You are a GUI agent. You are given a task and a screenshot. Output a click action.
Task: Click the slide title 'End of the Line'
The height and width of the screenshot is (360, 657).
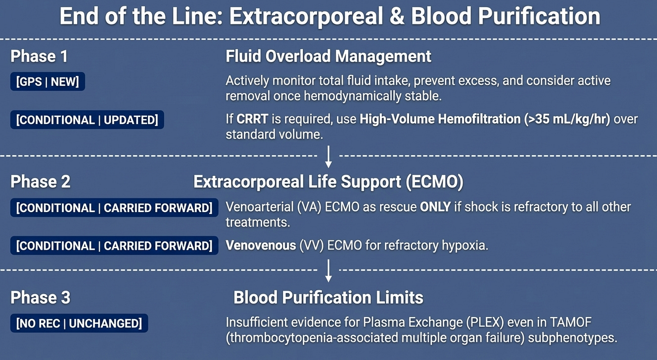(329, 16)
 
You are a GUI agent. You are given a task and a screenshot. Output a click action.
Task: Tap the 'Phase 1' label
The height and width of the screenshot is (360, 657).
(39, 56)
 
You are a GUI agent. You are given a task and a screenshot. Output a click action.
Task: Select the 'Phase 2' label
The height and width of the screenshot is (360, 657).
(40, 181)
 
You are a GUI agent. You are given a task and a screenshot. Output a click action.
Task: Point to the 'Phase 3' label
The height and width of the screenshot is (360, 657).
(40, 297)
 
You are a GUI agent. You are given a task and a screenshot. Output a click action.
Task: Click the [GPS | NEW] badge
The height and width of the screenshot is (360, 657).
(47, 82)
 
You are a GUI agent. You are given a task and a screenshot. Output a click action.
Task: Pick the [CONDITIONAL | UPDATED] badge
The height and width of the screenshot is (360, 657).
(87, 120)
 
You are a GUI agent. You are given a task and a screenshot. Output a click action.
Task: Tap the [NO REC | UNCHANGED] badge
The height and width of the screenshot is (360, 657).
(79, 323)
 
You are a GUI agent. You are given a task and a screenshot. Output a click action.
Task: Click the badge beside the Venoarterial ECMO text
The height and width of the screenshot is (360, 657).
(114, 208)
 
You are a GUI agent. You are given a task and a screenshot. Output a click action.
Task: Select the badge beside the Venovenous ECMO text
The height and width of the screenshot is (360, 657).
(114, 246)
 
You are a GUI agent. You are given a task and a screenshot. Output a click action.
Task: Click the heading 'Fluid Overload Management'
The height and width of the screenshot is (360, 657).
(328, 56)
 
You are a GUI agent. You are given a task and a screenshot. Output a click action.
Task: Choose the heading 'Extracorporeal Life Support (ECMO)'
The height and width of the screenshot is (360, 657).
(328, 181)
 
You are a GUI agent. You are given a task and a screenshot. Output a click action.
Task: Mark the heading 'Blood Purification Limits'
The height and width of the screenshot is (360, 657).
(328, 297)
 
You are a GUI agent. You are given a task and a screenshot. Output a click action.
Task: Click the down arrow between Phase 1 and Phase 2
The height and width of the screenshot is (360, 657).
(328, 156)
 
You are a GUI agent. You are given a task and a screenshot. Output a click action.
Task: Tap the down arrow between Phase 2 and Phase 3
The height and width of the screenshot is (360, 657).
(328, 271)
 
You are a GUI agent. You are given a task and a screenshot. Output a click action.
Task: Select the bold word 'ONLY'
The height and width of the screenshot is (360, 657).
(435, 208)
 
